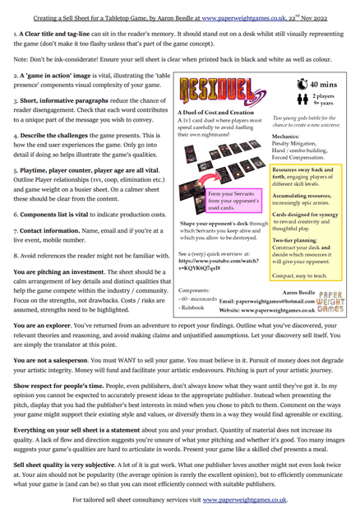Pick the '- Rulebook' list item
click(x=195, y=311)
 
